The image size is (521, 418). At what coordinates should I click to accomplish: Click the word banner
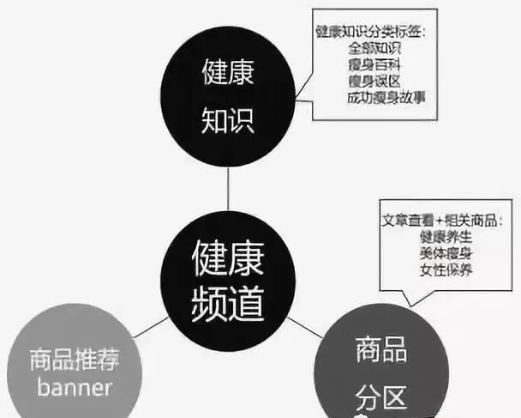(x=75, y=388)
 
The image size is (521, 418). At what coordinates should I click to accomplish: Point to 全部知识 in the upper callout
(x=375, y=49)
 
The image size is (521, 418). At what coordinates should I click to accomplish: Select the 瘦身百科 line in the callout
(x=375, y=64)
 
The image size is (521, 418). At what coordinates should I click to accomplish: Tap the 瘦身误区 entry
(x=375, y=80)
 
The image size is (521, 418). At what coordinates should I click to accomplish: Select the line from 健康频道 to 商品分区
(x=304, y=324)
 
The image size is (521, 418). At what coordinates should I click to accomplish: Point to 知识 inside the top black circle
(x=227, y=121)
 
